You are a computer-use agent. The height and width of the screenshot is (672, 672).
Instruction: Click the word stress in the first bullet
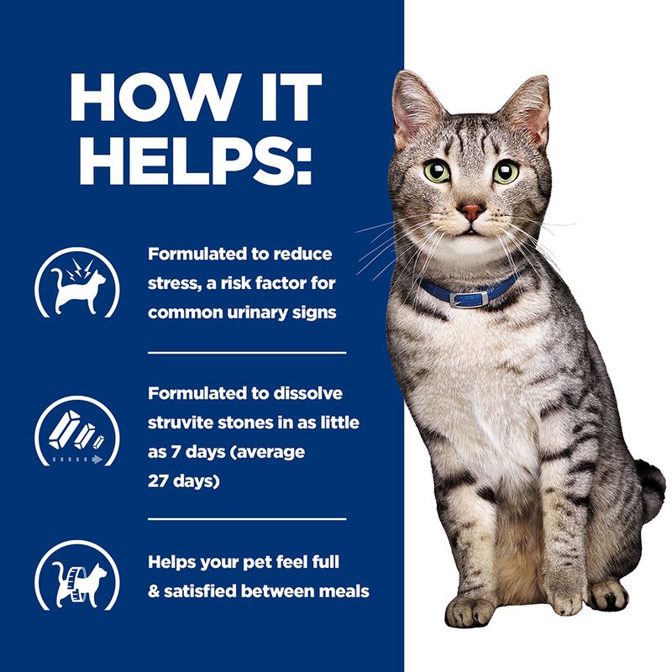(x=171, y=283)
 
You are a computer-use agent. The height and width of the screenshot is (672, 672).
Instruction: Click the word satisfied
(x=211, y=591)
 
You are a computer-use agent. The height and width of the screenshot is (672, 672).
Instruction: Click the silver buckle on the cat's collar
(x=459, y=298)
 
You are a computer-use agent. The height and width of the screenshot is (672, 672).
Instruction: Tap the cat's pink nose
(x=472, y=211)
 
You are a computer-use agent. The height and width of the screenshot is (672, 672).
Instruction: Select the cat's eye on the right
(x=505, y=171)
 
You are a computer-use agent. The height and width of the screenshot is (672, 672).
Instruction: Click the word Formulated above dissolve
(x=197, y=393)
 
